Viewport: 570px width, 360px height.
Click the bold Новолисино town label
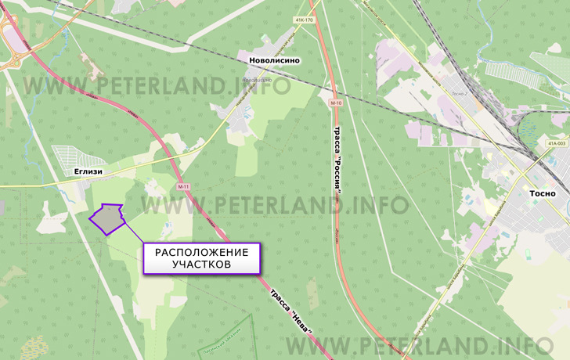tap(274, 60)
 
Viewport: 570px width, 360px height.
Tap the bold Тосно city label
tap(537, 193)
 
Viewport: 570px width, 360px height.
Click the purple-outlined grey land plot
tap(107, 218)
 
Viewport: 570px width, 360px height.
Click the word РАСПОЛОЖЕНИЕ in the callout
tap(201, 252)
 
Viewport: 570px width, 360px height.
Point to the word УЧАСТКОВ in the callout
tap(201, 265)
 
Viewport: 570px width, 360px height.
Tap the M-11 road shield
tap(183, 187)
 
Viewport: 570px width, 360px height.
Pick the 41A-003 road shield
tap(557, 144)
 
